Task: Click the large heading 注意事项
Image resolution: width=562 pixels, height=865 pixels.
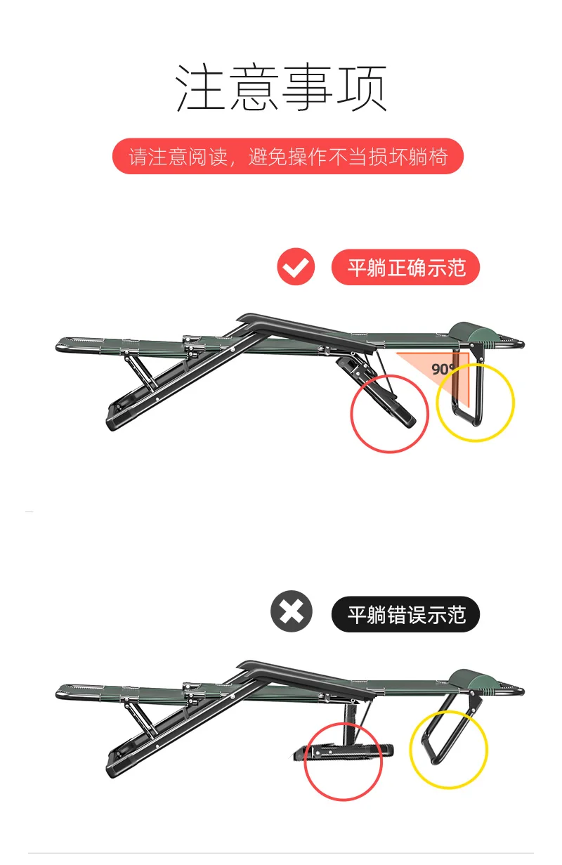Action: pyautogui.click(x=280, y=88)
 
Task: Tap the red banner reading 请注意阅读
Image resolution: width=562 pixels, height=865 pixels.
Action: pyautogui.click(x=287, y=156)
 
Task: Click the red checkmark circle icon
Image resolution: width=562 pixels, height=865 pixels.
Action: pyautogui.click(x=296, y=266)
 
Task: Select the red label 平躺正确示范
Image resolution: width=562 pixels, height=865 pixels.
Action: pyautogui.click(x=405, y=267)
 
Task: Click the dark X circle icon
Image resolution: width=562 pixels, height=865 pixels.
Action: pyautogui.click(x=292, y=611)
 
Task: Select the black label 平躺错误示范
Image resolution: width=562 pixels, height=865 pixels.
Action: pyautogui.click(x=405, y=614)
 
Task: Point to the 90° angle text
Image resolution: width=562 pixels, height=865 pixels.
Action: pyautogui.click(x=443, y=369)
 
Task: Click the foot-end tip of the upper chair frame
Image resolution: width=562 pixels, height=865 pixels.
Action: pyautogui.click(x=58, y=345)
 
